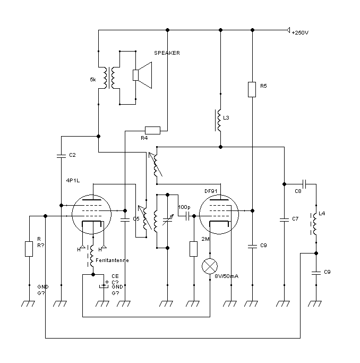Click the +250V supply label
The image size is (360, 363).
[300, 33]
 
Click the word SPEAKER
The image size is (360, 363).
[167, 53]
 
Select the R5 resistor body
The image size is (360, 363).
[252, 89]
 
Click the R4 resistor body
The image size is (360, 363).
[152, 130]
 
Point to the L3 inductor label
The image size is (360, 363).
[227, 117]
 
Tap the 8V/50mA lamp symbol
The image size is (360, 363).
[211, 266]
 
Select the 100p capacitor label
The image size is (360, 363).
[184, 207]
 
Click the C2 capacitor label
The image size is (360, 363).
[73, 155]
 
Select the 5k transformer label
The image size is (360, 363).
[93, 79]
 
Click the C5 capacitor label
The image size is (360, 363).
[136, 218]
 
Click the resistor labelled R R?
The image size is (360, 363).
[29, 249]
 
